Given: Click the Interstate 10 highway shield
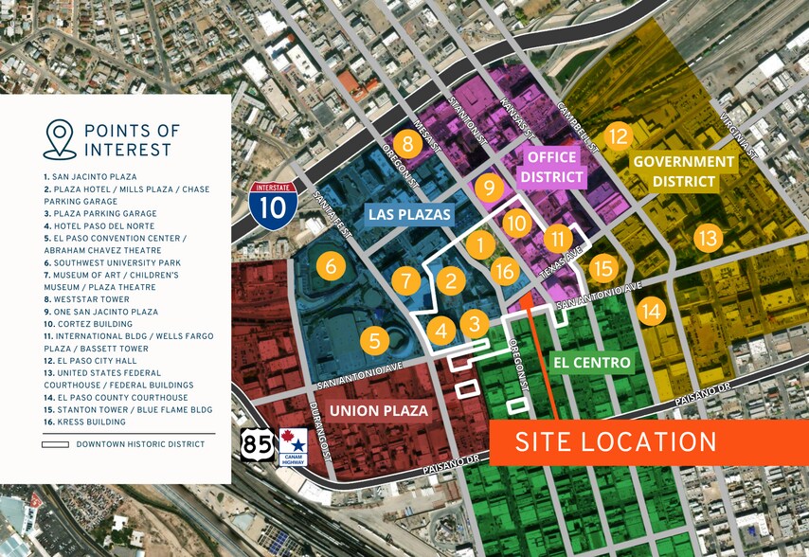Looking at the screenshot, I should point(273,203).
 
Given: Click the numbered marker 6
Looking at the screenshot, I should point(330,266).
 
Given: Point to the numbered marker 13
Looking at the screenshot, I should point(708,238).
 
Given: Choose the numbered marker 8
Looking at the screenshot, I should point(407,144).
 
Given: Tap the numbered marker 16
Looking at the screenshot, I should point(506,272).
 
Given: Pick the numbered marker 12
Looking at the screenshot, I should point(618,136).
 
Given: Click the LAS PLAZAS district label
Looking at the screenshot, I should point(411,214).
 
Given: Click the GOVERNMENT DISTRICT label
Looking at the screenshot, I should point(683,171).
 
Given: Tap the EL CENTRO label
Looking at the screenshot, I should point(590,362).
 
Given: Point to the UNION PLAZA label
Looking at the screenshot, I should point(378,410).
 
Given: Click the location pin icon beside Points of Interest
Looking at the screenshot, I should point(59,138).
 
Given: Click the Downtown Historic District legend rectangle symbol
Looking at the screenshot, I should point(56,444).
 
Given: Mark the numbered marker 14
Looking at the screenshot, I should point(651,310).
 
